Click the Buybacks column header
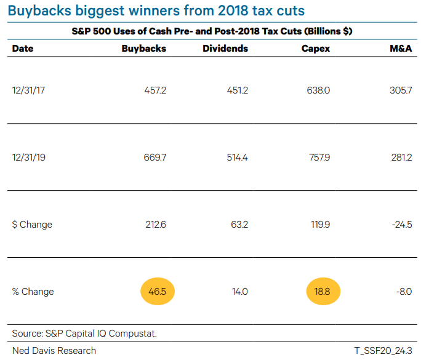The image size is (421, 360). point(144,49)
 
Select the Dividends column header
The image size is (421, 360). point(225,49)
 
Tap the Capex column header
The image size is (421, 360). point(316,49)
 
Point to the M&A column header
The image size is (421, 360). point(400,49)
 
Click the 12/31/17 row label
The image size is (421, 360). point(29,90)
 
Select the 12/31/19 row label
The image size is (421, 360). point(29,158)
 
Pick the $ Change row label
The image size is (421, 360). point(32,225)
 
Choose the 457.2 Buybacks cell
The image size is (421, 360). point(155,90)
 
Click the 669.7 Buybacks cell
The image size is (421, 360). point(155,158)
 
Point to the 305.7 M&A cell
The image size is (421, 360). point(401,90)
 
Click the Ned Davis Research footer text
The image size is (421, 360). point(54,350)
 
